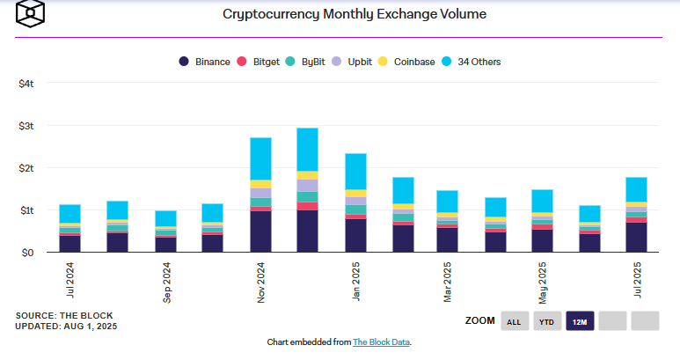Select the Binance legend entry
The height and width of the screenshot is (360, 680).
pyautogui.click(x=204, y=62)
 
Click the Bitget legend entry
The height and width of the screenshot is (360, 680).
pyautogui.click(x=260, y=62)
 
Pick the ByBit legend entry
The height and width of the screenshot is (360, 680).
pyautogui.click(x=311, y=62)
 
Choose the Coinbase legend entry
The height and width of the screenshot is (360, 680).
pyautogui.click(x=413, y=62)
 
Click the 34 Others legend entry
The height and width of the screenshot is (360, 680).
pyautogui.click(x=479, y=62)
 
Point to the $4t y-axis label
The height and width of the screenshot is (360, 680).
pyautogui.click(x=26, y=84)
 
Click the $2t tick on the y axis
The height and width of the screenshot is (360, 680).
pyautogui.click(x=26, y=168)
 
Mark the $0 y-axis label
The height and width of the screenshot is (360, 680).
pyautogui.click(x=26, y=253)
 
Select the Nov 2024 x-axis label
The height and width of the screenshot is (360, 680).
pyautogui.click(x=260, y=282)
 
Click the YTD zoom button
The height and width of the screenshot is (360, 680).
pyautogui.click(x=546, y=321)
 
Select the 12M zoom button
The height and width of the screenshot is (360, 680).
pyautogui.click(x=581, y=321)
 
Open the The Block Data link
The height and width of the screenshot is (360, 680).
pyautogui.click(x=382, y=342)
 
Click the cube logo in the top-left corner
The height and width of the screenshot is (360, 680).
pyautogui.click(x=31, y=14)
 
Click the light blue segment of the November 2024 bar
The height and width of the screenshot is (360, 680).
pyautogui.click(x=260, y=158)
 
